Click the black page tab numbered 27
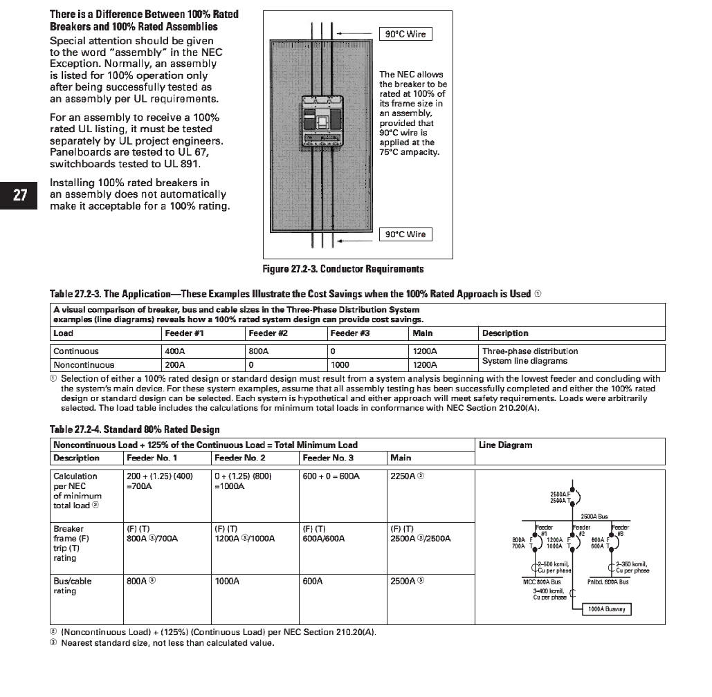(x=20, y=196)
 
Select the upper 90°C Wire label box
(x=405, y=34)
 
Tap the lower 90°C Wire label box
(x=405, y=234)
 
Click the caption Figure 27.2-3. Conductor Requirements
(x=343, y=269)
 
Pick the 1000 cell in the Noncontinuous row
(x=340, y=364)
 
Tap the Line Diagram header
(x=505, y=445)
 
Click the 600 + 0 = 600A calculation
(x=331, y=476)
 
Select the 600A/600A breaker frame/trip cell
(x=324, y=539)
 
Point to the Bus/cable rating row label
(x=72, y=586)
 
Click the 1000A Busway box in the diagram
(x=607, y=609)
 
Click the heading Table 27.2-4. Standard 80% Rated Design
(x=135, y=429)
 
